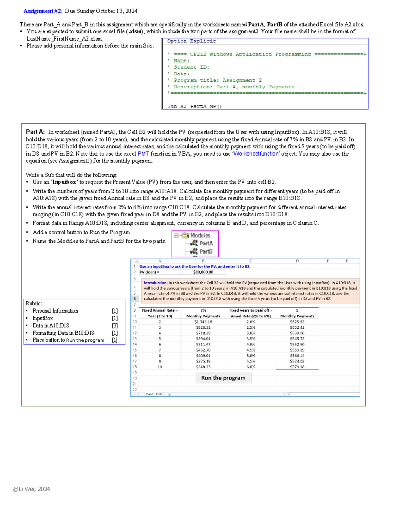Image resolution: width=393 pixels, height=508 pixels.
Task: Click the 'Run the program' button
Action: tap(223, 378)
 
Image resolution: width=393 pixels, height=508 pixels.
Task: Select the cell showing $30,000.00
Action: tap(203, 272)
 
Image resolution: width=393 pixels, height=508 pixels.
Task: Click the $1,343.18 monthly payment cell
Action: tap(203, 322)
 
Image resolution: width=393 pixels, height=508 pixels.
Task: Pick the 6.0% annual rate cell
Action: tap(251, 367)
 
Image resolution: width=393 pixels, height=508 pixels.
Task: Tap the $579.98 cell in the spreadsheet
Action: tap(297, 367)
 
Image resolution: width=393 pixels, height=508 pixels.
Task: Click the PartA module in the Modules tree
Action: tap(206, 243)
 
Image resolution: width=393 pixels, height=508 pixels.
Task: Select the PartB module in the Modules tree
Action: tap(206, 252)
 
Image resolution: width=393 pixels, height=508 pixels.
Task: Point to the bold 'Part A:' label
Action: tap(35, 132)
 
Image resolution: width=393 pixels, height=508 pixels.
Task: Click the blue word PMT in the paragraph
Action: tap(143, 154)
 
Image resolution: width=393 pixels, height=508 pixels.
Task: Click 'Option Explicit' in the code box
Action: tap(191, 41)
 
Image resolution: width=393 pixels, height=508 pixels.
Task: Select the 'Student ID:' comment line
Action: tap(191, 67)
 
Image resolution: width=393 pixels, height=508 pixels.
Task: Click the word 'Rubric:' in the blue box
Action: tap(34, 304)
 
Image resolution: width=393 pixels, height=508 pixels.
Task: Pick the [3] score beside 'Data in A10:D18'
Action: tap(115, 325)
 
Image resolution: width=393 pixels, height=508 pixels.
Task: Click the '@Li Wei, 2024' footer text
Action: tap(31, 489)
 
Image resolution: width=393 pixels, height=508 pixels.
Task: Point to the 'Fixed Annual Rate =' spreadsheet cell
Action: tap(160, 310)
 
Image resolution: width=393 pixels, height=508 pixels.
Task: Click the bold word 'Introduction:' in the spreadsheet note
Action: tap(155, 283)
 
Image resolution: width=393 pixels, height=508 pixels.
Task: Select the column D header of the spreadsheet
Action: tap(297, 261)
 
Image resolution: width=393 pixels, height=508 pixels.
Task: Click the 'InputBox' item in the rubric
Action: tap(43, 318)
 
